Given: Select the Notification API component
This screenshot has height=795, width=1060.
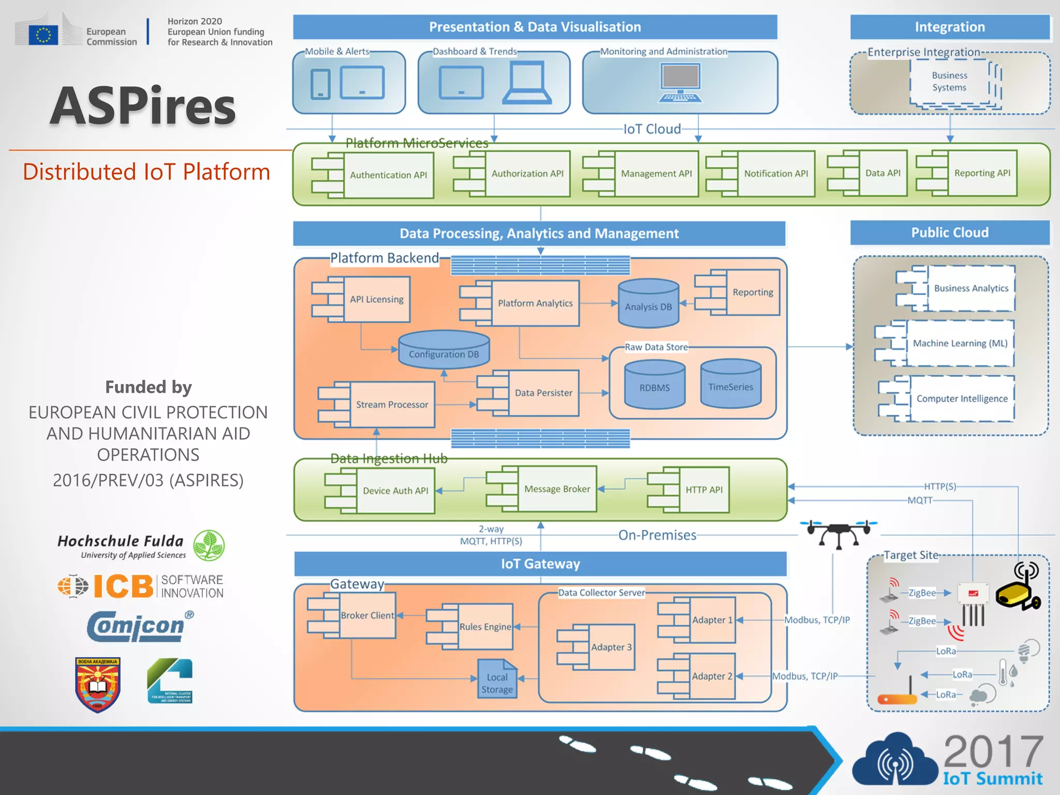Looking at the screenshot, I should coord(775,174).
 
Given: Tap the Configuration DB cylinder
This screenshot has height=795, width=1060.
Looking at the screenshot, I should coord(444,350).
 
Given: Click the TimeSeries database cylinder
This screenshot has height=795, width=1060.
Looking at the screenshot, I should coord(730,384).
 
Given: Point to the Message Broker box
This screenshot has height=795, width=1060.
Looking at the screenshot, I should coord(556,489).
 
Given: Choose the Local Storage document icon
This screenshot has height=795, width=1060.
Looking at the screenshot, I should coord(497,680).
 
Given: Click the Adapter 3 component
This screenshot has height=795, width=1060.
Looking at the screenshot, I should coord(611,647).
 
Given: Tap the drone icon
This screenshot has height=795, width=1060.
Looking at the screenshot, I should coord(838,533).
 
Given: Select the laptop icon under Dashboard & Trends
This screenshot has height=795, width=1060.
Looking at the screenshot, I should coord(526,83).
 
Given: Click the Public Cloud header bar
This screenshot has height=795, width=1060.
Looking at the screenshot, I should coord(949,233).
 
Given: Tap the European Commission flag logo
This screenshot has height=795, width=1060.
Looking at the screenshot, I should coord(43,34).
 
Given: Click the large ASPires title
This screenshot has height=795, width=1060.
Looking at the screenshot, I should coord(143,106).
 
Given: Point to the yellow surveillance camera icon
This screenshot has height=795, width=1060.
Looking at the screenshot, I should coord(1018,590).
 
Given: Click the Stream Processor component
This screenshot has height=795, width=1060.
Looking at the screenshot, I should coord(392,405).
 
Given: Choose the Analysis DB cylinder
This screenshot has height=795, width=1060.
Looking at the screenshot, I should coord(648,304).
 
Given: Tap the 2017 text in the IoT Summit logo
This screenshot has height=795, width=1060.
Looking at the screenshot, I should coord(993,752).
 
